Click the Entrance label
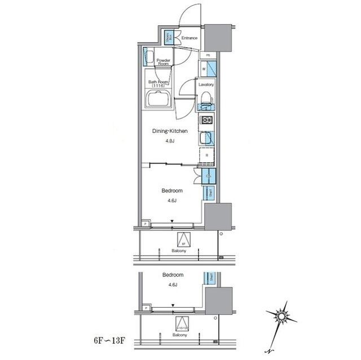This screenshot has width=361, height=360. coord(190,38)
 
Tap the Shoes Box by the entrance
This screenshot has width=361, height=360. coord(169,38)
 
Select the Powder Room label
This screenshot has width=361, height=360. coord(164,62)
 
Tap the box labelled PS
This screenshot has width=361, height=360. coord(208,55)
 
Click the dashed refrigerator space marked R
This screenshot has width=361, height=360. coord(206,155)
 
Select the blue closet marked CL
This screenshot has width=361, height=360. coord(208,175)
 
